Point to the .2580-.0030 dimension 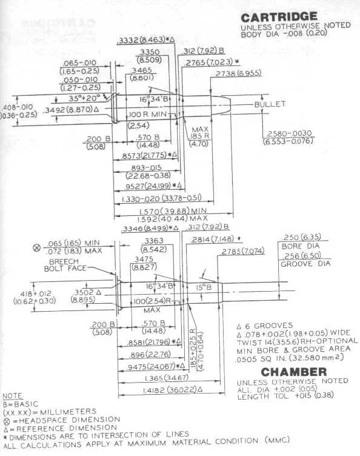coord(287,134)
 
